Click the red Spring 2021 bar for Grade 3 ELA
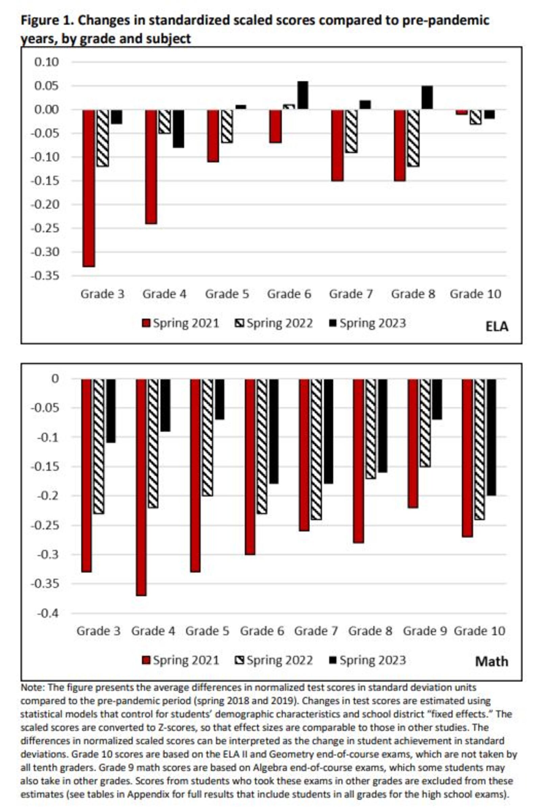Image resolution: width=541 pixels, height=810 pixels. point(89,188)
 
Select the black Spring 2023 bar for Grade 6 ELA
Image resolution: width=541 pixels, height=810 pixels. point(303,96)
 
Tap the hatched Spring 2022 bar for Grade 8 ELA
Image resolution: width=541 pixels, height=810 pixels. point(413,138)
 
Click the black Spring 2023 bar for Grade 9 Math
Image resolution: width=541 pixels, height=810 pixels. point(437,399)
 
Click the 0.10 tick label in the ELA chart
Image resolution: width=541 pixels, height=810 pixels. point(47,62)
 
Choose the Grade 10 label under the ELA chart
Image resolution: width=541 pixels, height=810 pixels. point(475,294)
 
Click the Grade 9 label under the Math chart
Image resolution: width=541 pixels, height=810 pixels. point(425,631)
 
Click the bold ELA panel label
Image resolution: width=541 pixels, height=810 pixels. point(496,326)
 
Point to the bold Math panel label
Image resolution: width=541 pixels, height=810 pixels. point(491,661)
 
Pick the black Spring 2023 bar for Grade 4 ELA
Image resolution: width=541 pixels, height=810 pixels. point(179,129)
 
